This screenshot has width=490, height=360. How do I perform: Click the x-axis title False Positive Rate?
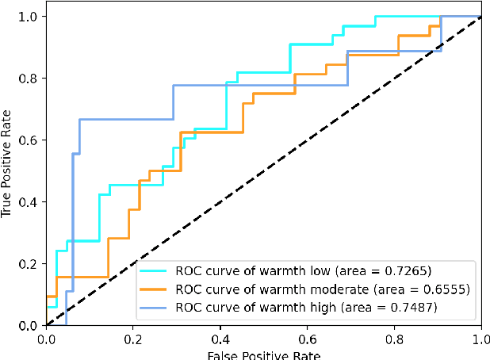(x=264, y=354)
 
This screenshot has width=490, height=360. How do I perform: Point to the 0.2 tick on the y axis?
(x=29, y=263)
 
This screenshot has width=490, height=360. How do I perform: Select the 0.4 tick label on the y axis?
(x=29, y=201)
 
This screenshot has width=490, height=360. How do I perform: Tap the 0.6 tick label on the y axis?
(x=29, y=140)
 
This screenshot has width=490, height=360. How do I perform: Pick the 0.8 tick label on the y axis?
(x=29, y=78)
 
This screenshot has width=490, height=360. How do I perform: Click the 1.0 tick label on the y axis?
(x=29, y=16)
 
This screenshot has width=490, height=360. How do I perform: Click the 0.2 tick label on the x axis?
(x=133, y=339)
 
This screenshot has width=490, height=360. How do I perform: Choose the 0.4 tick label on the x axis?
(x=220, y=339)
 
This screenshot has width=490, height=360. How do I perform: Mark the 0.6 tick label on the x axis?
(x=308, y=339)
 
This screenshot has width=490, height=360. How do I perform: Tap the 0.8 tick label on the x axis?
(x=395, y=339)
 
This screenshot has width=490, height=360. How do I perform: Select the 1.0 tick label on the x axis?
(x=480, y=339)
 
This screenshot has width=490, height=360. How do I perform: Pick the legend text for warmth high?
(x=272, y=307)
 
